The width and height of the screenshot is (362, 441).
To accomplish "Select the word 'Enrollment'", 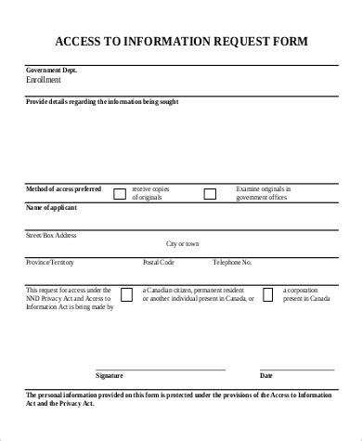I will click(x=45, y=81).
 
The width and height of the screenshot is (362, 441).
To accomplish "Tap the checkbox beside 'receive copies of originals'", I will click(x=119, y=194).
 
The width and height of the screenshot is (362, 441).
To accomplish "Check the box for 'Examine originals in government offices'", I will click(x=210, y=194).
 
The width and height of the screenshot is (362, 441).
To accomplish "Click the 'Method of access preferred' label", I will click(x=62, y=188).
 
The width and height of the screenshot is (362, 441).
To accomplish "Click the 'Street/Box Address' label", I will click(x=51, y=235).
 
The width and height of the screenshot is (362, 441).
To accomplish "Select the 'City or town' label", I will click(x=182, y=243).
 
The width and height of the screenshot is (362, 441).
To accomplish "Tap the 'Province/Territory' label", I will click(x=50, y=263).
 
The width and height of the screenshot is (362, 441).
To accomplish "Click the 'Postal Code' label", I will click(x=159, y=263).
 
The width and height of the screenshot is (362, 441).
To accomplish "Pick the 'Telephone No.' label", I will click(x=231, y=263).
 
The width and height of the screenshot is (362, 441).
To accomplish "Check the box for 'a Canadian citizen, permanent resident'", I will click(x=126, y=294).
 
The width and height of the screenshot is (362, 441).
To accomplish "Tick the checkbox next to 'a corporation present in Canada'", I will click(x=267, y=294).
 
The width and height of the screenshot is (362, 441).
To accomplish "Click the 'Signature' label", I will click(x=110, y=376).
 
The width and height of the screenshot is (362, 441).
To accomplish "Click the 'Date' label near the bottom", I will click(x=265, y=376).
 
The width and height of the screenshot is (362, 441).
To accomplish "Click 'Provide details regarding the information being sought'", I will click(x=102, y=101).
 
